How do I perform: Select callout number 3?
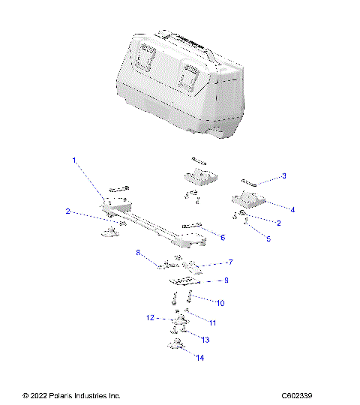(283, 176)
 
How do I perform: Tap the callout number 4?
(292, 210)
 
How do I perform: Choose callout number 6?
(222, 236)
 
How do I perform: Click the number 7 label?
(230, 262)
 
